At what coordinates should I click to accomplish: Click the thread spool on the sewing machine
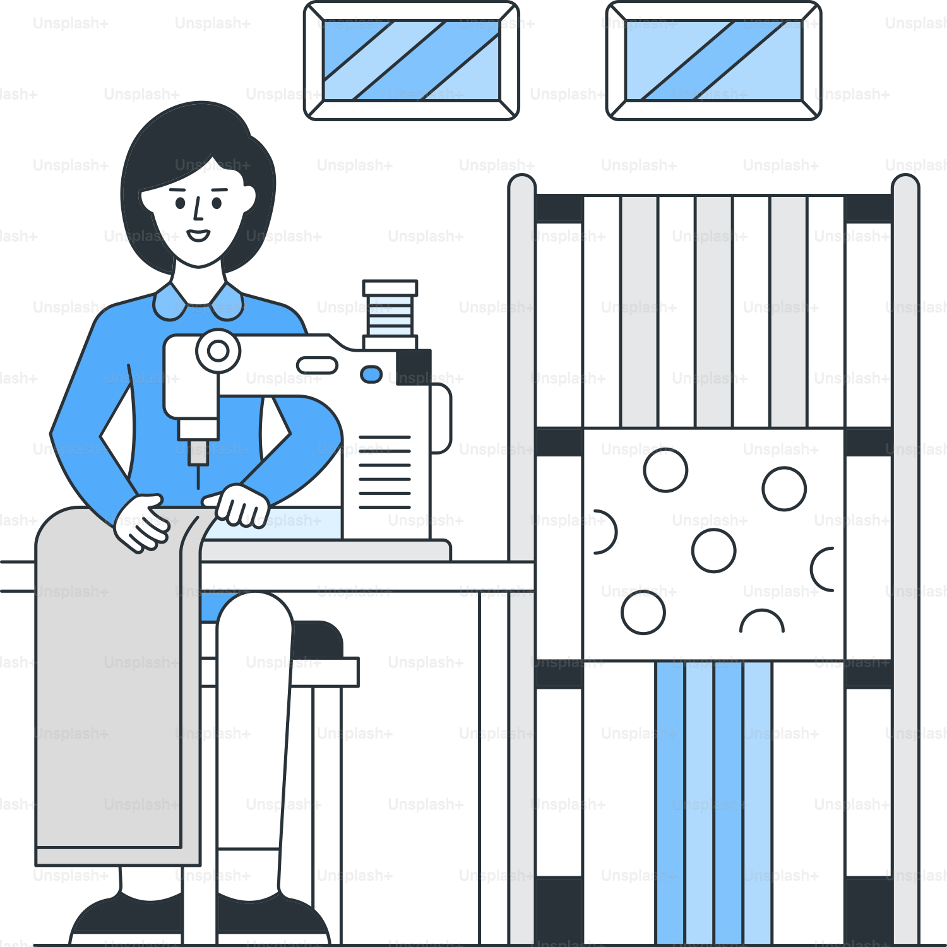tap(390, 314)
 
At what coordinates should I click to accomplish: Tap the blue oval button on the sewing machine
tap(371, 374)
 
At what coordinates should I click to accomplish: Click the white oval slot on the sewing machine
tap(317, 365)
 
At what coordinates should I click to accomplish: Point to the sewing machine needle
tap(198, 477)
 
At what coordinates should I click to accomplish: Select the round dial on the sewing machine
tap(218, 351)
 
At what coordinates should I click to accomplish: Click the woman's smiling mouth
tap(198, 235)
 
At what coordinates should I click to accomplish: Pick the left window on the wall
tap(412, 61)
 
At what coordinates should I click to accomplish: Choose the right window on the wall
tap(713, 61)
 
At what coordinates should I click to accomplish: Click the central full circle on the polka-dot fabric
tap(713, 551)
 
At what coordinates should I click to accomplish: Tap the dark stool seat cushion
tap(318, 639)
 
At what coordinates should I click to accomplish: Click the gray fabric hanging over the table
tap(118, 685)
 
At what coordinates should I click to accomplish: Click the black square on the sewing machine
tap(414, 367)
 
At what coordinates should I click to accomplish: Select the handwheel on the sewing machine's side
tap(441, 419)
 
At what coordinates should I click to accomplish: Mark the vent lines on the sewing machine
tap(384, 472)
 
